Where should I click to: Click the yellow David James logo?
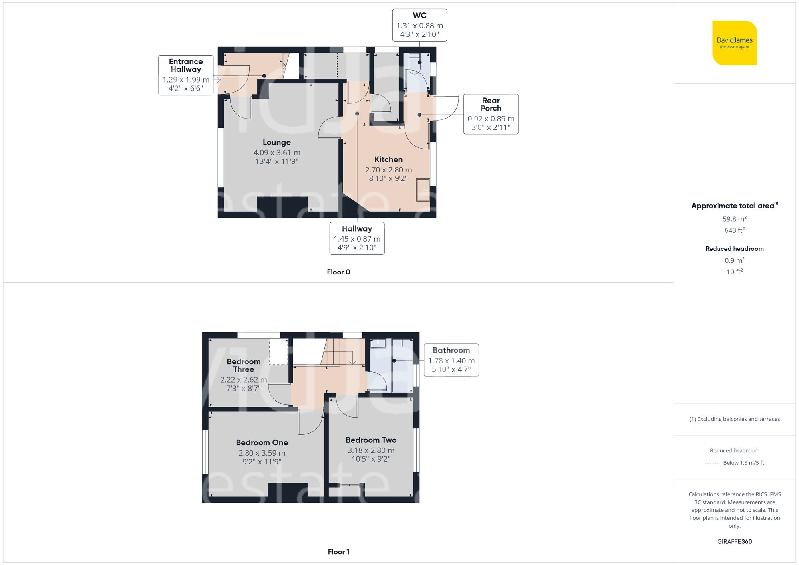pyautogui.click(x=734, y=43)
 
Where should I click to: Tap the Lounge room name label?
pyautogui.click(x=277, y=142)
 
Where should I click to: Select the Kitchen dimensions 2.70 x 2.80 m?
pyautogui.click(x=388, y=170)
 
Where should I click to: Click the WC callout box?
pyautogui.click(x=419, y=25)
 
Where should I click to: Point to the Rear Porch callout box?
pyautogui.click(x=491, y=114)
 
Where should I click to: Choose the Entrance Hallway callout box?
pyautogui.click(x=186, y=75)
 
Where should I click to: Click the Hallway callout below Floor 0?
pyautogui.click(x=357, y=238)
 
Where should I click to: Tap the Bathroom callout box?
pyautogui.click(x=451, y=360)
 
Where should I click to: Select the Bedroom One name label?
pyautogui.click(x=262, y=442)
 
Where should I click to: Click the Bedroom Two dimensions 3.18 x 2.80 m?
pyautogui.click(x=371, y=450)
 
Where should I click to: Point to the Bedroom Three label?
pyautogui.click(x=243, y=365)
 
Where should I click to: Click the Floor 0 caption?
pyautogui.click(x=338, y=272)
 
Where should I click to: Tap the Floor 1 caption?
pyautogui.click(x=338, y=552)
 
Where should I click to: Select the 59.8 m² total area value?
pyautogui.click(x=734, y=219)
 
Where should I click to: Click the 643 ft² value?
pyautogui.click(x=734, y=230)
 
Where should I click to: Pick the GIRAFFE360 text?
pyautogui.click(x=734, y=541)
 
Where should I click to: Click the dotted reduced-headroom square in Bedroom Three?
pyautogui.click(x=278, y=352)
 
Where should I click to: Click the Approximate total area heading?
pyautogui.click(x=734, y=206)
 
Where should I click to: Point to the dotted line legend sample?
pyautogui.click(x=712, y=463)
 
